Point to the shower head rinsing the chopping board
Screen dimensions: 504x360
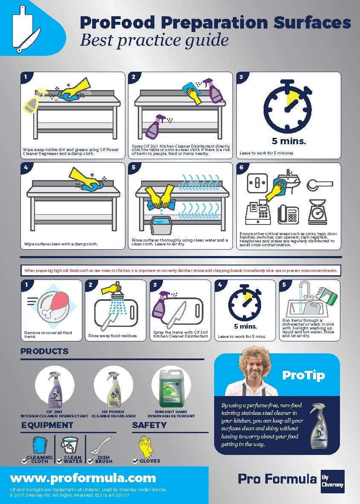pyautogui.click(x=115, y=295)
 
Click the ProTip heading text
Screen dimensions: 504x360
pyautogui.click(x=303, y=375)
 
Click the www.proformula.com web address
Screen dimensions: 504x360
pyautogui.click(x=83, y=478)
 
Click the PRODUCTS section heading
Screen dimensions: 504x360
pyautogui.click(x=44, y=351)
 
